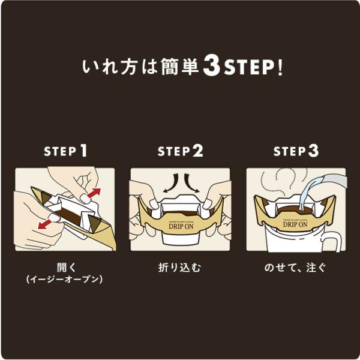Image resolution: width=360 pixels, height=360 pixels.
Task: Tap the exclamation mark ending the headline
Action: [x=280, y=68]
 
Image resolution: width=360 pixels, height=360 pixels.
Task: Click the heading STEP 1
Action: [x=65, y=151]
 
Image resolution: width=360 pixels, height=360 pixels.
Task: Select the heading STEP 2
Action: [x=181, y=151]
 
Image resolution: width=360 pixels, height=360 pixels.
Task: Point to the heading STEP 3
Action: [x=296, y=151]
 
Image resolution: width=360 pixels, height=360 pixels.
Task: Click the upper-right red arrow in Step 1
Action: [x=94, y=193]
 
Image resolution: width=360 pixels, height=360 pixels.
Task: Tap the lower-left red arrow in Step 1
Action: [x=45, y=224]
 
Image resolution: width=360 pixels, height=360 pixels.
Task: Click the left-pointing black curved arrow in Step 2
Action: [x=171, y=183]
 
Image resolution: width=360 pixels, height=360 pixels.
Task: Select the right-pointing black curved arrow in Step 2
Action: [x=191, y=183]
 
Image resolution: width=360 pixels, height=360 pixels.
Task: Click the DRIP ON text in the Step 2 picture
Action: [x=181, y=226]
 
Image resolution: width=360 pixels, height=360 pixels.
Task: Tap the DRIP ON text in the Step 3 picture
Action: [x=295, y=224]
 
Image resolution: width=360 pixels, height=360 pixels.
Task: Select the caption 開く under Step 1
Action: [x=66, y=268]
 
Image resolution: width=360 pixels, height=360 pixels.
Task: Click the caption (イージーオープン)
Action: [x=65, y=279]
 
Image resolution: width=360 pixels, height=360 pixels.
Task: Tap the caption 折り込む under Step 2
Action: [x=179, y=268]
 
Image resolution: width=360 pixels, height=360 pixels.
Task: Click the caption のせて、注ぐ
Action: [x=295, y=268]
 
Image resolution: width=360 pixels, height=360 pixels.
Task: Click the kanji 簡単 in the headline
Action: [x=179, y=67]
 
